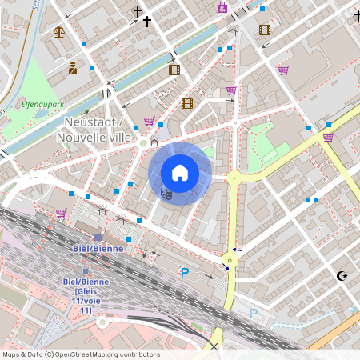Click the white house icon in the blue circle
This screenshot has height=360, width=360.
[180, 172]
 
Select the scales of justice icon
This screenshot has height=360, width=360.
[58, 32]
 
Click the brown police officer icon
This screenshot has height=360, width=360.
[73, 68]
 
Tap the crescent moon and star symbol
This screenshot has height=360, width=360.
[343, 276]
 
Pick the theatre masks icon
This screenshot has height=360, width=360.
[166, 193]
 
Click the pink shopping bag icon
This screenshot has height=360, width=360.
[222, 7]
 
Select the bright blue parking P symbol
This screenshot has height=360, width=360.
[185, 273]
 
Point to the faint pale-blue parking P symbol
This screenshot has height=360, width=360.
[254, 314]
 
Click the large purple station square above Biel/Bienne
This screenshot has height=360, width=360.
[98, 237]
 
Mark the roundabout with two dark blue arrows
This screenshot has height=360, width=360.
[231, 260]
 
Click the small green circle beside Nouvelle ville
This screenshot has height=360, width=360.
[143, 143]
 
